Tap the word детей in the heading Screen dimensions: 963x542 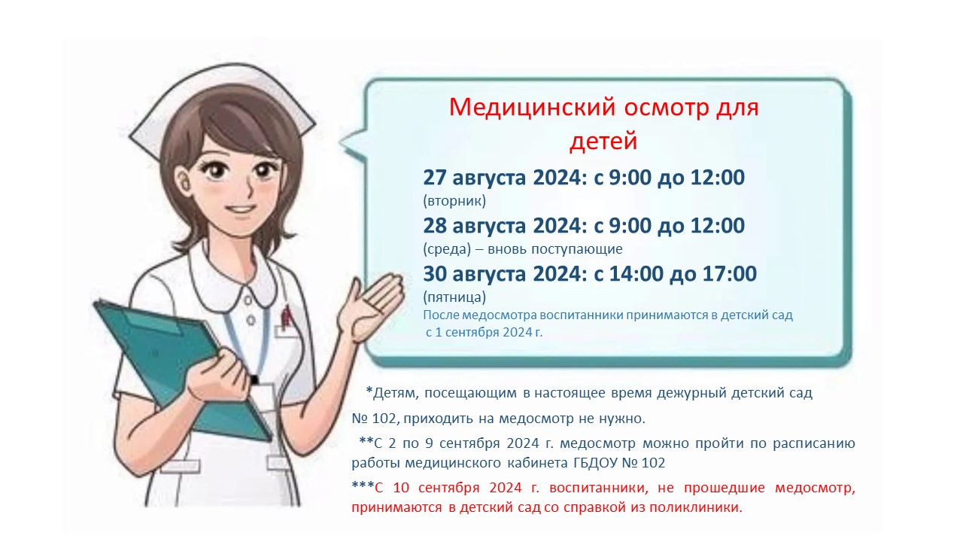click(x=603, y=141)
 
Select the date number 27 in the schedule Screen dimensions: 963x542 click(x=434, y=177)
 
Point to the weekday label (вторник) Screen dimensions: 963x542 click(x=454, y=201)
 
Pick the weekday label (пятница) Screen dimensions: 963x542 click(x=454, y=297)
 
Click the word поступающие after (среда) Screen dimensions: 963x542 click(x=577, y=249)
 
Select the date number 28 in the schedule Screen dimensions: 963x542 click(x=434, y=225)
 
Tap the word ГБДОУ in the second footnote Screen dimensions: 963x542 click(x=595, y=463)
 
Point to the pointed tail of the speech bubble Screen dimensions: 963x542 click(x=341, y=141)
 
